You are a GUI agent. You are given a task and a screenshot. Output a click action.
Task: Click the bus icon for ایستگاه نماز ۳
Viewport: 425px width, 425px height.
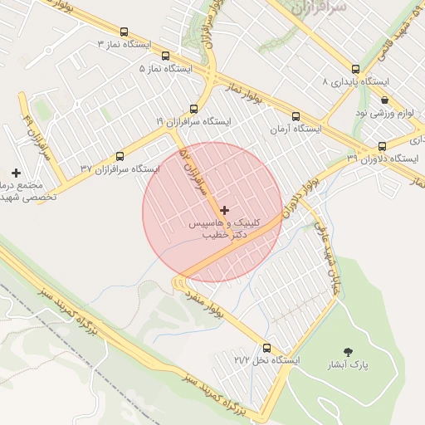(x=125, y=32)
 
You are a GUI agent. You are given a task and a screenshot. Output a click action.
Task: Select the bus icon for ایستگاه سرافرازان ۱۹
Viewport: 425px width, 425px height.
(x=193, y=109)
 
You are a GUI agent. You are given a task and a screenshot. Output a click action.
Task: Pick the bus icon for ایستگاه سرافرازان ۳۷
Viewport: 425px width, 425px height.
(x=120, y=155)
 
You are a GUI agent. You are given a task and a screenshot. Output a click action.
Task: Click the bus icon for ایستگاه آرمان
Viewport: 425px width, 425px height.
(x=296, y=116)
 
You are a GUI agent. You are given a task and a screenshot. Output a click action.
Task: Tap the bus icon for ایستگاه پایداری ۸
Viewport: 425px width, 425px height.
(x=355, y=70)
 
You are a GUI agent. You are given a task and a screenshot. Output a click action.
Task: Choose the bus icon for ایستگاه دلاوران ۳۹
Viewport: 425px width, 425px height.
(x=382, y=144)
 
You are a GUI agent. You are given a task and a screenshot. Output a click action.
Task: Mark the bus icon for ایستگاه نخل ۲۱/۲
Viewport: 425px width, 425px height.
(x=266, y=349)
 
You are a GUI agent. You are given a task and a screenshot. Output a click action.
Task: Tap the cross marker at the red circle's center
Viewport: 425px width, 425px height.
(x=224, y=211)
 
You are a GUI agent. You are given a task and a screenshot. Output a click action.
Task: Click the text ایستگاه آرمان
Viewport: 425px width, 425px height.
(x=296, y=129)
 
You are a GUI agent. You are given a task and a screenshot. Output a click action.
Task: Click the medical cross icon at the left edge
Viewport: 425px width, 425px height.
(x=15, y=172)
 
